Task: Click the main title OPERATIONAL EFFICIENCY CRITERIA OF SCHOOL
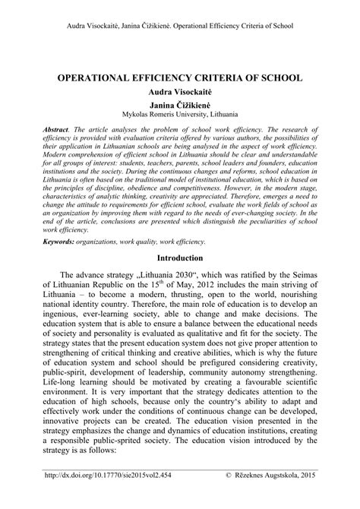(x=179, y=78)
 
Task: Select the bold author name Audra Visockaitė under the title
(x=179, y=92)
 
